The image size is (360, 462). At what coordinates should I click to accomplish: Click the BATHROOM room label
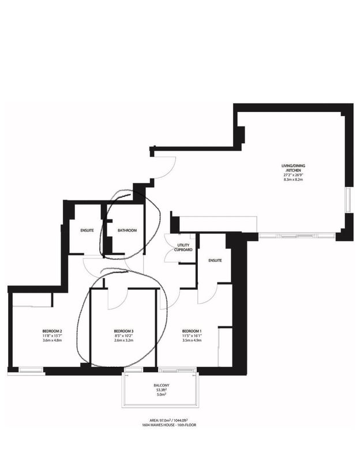tap(127, 230)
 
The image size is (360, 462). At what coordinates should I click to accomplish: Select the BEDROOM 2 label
tap(52, 331)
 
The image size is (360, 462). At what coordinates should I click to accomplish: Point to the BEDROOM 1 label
tap(192, 331)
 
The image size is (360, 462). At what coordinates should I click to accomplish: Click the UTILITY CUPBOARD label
tap(183, 248)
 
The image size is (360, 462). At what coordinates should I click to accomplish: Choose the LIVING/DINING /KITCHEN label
tap(293, 168)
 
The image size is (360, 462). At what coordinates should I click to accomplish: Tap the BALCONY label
tap(162, 385)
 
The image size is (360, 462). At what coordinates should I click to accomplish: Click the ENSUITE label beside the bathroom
tap(87, 230)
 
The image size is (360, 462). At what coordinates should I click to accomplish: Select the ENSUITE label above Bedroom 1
tap(215, 260)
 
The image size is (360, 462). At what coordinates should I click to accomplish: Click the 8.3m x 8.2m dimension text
tap(293, 179)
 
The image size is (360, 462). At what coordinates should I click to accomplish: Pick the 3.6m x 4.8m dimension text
tap(52, 340)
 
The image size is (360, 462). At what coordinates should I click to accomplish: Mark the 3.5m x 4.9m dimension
tap(192, 340)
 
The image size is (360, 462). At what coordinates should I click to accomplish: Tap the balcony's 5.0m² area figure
tap(162, 395)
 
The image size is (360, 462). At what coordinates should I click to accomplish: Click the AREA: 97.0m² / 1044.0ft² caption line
tap(168, 420)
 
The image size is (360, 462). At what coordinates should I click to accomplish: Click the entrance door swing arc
tap(170, 172)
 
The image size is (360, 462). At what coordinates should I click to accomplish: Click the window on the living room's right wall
tap(348, 199)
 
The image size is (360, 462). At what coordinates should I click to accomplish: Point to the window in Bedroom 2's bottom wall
tap(31, 370)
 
